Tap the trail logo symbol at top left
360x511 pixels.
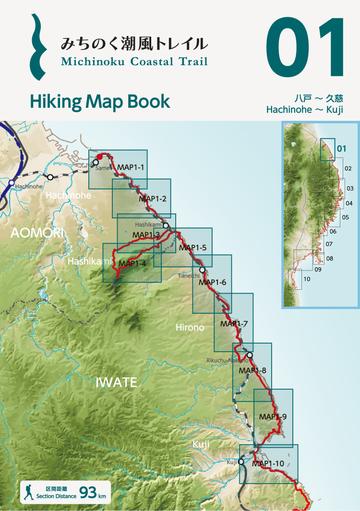tap(38, 47)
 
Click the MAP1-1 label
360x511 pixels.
tap(131, 167)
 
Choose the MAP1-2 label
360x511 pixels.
tap(152, 199)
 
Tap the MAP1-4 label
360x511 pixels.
tap(132, 263)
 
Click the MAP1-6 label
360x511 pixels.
tap(213, 283)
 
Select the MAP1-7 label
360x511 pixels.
tap(233, 324)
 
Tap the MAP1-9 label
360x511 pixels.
tap(272, 416)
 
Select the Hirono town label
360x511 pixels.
tap(189, 327)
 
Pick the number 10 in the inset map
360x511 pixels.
tap(307, 278)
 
